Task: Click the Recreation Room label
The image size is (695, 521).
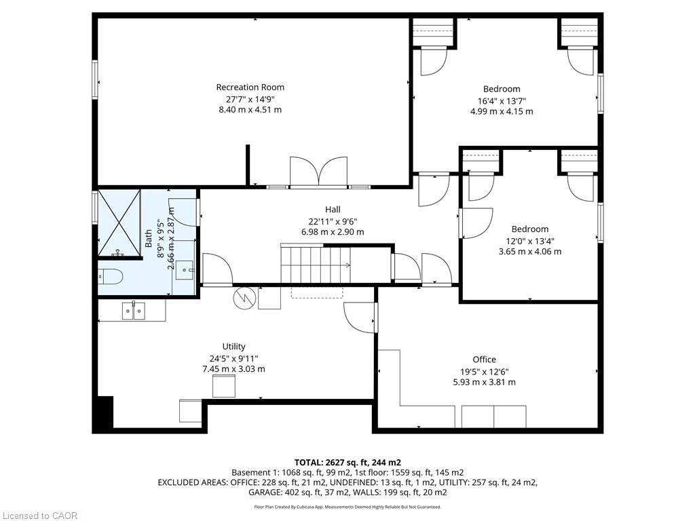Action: [x=250, y=88]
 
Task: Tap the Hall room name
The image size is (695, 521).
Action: [x=333, y=209]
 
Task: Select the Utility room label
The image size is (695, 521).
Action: [x=233, y=347]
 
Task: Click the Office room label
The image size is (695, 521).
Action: [x=484, y=360]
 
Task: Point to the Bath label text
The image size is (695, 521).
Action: [x=149, y=238]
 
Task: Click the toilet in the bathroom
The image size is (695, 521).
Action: [x=109, y=277]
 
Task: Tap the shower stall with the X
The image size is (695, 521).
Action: [x=119, y=223]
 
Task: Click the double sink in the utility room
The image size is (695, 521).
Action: [x=134, y=310]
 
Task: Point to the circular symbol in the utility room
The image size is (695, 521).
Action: [x=244, y=298]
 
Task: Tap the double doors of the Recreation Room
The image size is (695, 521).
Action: [x=318, y=172]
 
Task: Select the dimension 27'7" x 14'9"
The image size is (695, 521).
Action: [x=250, y=99]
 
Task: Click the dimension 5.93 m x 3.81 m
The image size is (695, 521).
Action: [x=484, y=383]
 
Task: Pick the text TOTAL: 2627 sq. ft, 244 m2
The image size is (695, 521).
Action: [x=347, y=463]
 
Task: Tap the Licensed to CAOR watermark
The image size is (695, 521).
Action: [x=39, y=516]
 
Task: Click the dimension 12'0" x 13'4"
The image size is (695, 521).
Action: [x=529, y=241]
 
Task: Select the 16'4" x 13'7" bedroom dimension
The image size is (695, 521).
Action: [x=502, y=101]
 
